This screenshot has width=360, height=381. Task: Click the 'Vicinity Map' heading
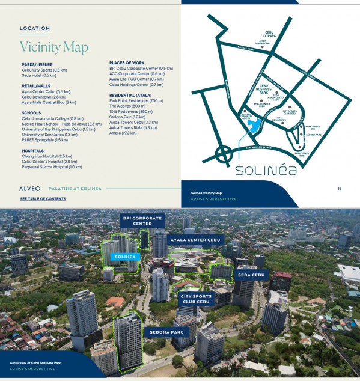click(53, 47)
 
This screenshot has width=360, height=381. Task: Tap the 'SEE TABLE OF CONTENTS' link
click(43, 198)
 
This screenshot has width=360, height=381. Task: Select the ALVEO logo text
click(30, 189)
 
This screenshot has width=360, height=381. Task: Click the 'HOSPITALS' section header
click(32, 151)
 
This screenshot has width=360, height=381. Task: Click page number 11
click(340, 189)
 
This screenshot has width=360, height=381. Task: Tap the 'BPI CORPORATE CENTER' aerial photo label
click(142, 220)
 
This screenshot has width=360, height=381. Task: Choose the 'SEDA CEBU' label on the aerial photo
click(251, 275)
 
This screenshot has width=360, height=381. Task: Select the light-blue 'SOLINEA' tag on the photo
click(124, 257)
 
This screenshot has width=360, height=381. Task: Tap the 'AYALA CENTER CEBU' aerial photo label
click(195, 239)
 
